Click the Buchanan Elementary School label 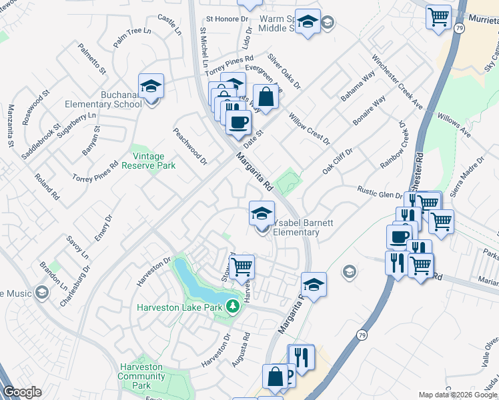tap(103, 99)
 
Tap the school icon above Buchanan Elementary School tap(151, 86)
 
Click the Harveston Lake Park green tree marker tap(232, 307)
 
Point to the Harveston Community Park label tap(141, 376)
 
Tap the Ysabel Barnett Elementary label tap(294, 227)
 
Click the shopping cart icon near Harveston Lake tap(242, 266)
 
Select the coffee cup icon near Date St tap(239, 121)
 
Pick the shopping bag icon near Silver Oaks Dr tap(266, 96)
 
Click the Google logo tap(22, 392)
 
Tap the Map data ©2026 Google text tap(458, 395)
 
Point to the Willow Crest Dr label tap(309, 129)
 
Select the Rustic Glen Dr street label tap(380, 192)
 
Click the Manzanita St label tap(11, 125)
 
